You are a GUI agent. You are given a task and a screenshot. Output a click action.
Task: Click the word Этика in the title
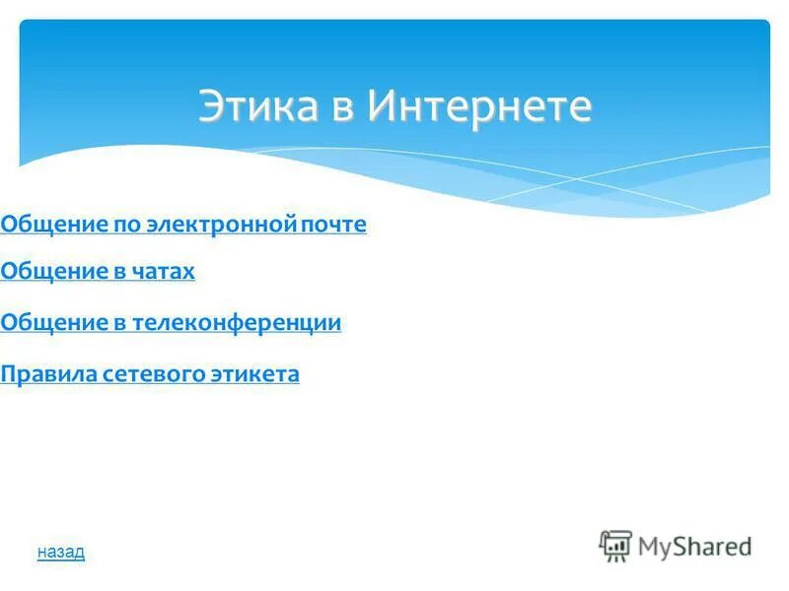tap(257, 106)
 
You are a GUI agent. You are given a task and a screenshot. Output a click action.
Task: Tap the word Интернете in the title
tap(480, 106)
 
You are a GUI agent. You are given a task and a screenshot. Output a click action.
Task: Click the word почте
tap(333, 225)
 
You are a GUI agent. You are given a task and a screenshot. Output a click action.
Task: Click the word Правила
tap(46, 374)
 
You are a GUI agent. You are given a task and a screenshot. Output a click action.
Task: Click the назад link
tap(61, 552)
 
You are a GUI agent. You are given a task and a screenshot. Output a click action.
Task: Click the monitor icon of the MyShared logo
tap(615, 546)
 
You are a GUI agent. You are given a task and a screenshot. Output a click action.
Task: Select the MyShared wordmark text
tap(694, 546)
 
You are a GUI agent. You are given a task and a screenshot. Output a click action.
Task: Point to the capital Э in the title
tap(210, 106)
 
